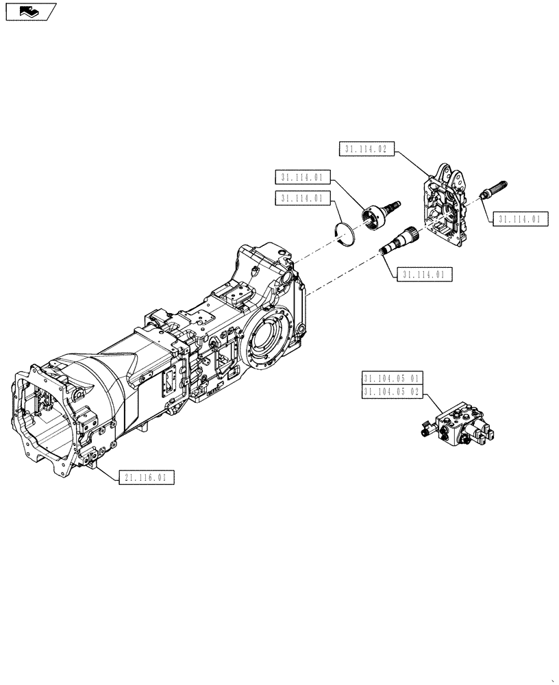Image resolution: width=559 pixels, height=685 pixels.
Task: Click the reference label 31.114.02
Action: (367, 149)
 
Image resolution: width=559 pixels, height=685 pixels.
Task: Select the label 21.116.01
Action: (147, 477)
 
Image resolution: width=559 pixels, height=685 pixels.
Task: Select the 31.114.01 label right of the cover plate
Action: (519, 219)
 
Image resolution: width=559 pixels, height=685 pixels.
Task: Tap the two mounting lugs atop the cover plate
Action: (452, 175)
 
